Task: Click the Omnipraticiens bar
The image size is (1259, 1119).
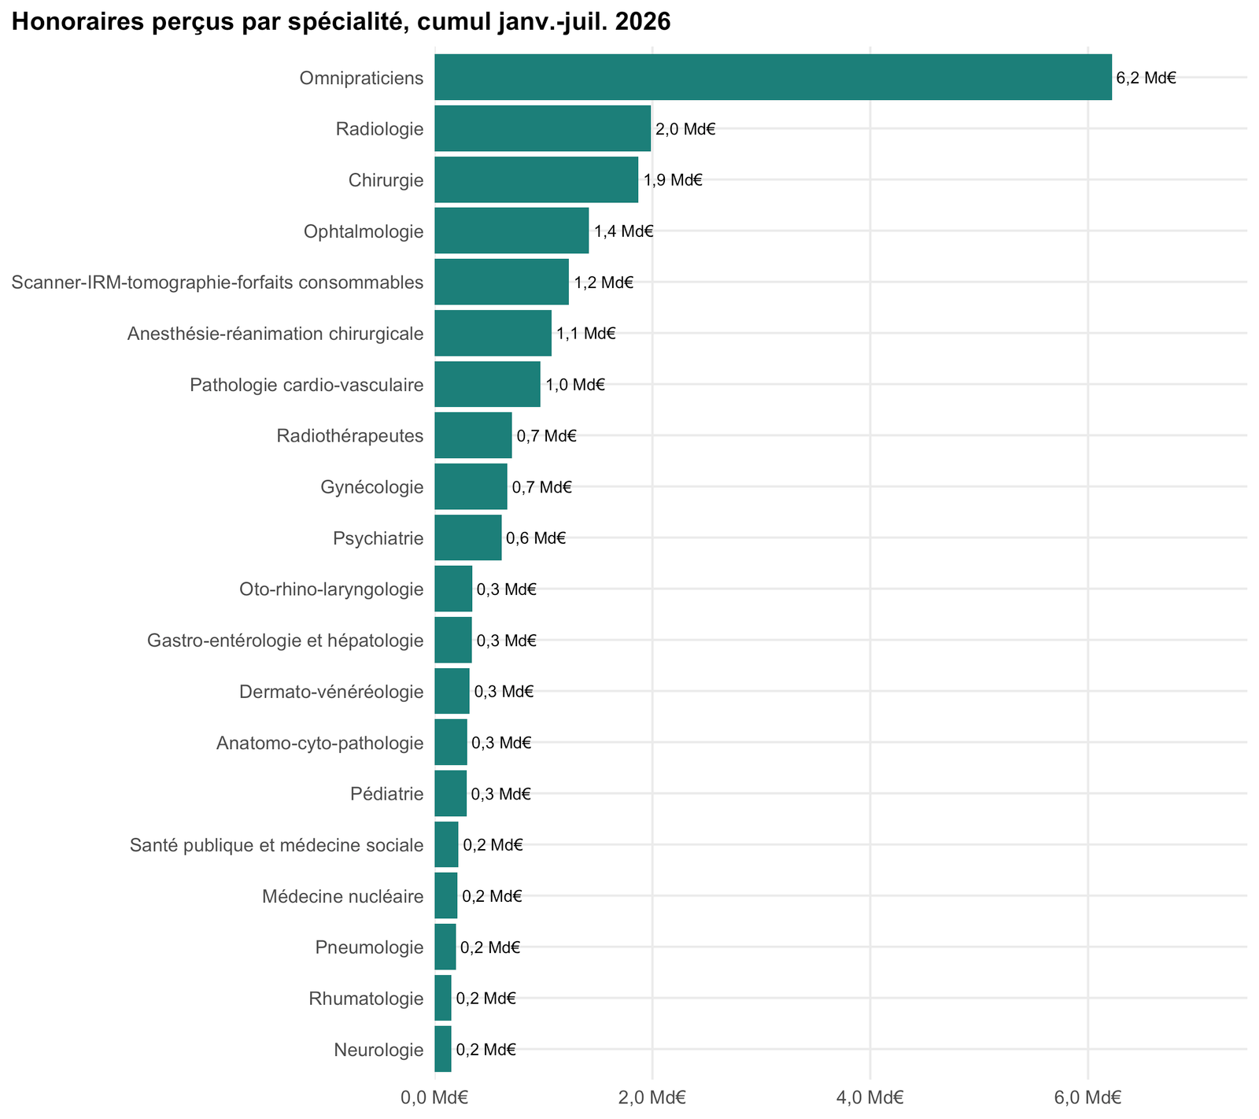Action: (x=773, y=77)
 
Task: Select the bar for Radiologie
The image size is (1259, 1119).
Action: (x=543, y=128)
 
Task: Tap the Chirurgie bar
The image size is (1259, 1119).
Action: (x=537, y=179)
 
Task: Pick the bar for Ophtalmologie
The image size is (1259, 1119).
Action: (x=511, y=231)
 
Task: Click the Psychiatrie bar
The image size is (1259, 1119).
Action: (x=468, y=537)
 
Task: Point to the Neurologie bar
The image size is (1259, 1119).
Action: (x=443, y=1049)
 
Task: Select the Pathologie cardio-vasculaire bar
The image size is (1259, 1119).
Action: (x=488, y=384)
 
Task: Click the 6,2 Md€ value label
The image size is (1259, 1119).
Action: (x=1146, y=78)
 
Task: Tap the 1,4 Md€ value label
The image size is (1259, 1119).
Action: (x=624, y=231)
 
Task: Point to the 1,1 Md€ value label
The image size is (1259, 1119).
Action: (x=586, y=334)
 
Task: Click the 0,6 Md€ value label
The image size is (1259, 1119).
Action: (x=536, y=538)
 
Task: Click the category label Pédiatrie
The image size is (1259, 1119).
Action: (x=387, y=794)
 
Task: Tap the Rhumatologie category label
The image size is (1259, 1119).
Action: (x=367, y=999)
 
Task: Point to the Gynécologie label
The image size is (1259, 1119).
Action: (x=372, y=487)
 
